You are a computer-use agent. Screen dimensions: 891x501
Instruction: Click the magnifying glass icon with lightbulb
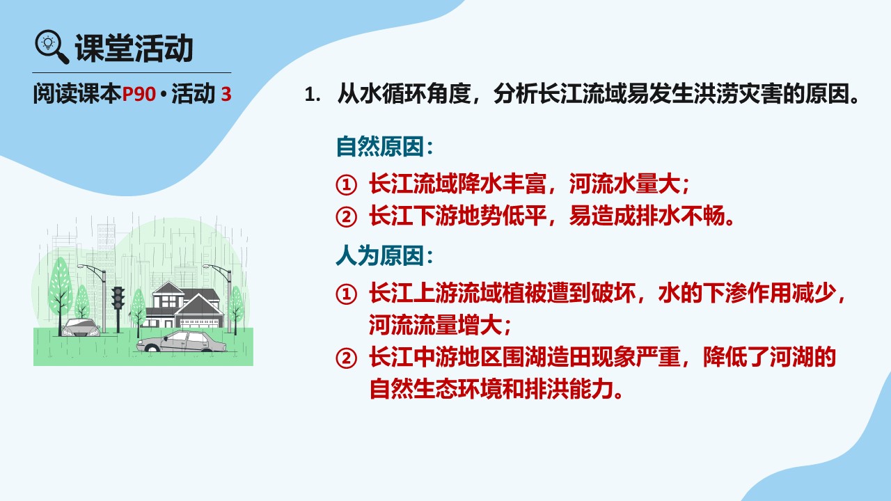pos(52,47)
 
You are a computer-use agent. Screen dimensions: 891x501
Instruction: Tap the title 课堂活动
pos(134,48)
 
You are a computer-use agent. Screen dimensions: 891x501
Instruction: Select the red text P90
pos(139,94)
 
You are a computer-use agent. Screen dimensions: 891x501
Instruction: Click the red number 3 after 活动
pos(226,94)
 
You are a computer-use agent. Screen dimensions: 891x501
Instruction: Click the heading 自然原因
pos(380,146)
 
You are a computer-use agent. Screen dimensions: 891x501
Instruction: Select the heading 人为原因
pos(380,255)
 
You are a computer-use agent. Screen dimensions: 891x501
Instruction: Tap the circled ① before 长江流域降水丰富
pos(346,185)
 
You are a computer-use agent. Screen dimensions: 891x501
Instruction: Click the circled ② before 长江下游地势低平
pos(346,217)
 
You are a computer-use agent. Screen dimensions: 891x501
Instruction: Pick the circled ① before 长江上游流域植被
pos(346,294)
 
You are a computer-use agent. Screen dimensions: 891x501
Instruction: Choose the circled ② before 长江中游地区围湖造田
pos(346,358)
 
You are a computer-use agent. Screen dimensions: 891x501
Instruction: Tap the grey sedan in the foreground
pos(181,342)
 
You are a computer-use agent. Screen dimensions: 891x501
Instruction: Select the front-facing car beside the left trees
pos(81,328)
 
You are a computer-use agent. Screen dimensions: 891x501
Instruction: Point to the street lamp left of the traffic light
pos(95,299)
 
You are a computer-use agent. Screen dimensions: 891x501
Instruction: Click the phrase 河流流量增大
pos(435,325)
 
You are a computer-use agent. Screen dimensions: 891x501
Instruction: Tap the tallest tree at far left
pos(61,296)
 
